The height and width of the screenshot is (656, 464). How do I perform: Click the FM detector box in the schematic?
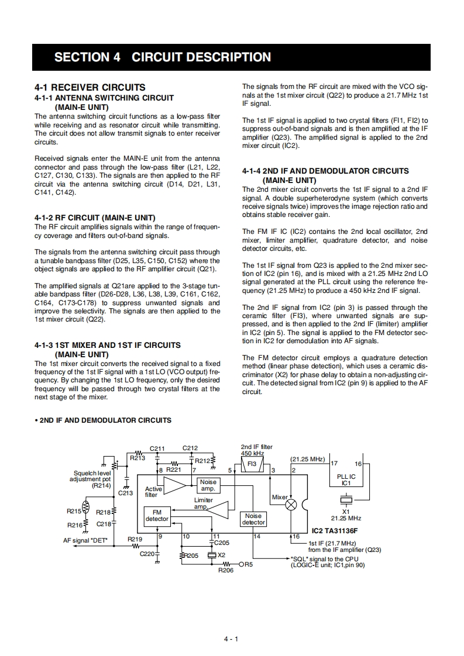pyautogui.click(x=157, y=515)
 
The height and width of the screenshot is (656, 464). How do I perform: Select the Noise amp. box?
pyautogui.click(x=208, y=485)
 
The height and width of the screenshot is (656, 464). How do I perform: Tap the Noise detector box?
pyautogui.click(x=253, y=519)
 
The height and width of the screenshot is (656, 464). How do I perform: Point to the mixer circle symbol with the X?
pyautogui.click(x=291, y=505)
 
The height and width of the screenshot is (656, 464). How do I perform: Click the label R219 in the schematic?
pyautogui.click(x=135, y=539)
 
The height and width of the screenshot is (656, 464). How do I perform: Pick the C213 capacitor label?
pyautogui.click(x=126, y=493)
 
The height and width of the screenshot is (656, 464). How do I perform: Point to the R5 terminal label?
pyautogui.click(x=248, y=564)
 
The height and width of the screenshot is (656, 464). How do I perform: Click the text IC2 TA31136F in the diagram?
pyautogui.click(x=334, y=531)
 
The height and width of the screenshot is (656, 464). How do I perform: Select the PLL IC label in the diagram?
pyautogui.click(x=346, y=480)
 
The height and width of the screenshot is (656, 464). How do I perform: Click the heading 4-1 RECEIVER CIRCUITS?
pyautogui.click(x=90, y=87)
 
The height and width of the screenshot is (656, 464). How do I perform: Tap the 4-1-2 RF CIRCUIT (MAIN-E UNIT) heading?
pyautogui.click(x=95, y=217)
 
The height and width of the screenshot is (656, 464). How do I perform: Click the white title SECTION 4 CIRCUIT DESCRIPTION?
pyautogui.click(x=163, y=57)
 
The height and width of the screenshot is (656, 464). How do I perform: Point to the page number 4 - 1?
pyautogui.click(x=232, y=639)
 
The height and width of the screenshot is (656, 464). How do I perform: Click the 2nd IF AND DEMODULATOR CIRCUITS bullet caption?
pyautogui.click(x=103, y=420)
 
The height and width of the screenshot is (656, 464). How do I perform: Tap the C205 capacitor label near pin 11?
pyautogui.click(x=222, y=542)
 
